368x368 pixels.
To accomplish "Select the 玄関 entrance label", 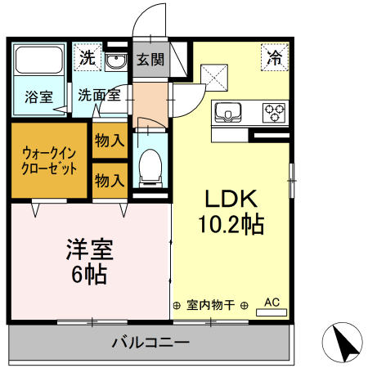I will click(x=150, y=60).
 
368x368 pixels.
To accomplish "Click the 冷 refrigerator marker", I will click(x=275, y=58).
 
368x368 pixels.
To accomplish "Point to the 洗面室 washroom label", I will click(x=99, y=94).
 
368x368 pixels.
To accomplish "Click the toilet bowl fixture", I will click(x=150, y=168).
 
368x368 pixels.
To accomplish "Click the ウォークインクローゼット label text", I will click(x=49, y=160).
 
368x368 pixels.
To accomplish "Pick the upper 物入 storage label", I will click(x=109, y=141).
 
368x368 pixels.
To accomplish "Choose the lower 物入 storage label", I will click(x=109, y=179).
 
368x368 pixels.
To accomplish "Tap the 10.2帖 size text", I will click(x=231, y=223).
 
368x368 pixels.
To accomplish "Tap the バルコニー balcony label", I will click(x=150, y=342).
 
